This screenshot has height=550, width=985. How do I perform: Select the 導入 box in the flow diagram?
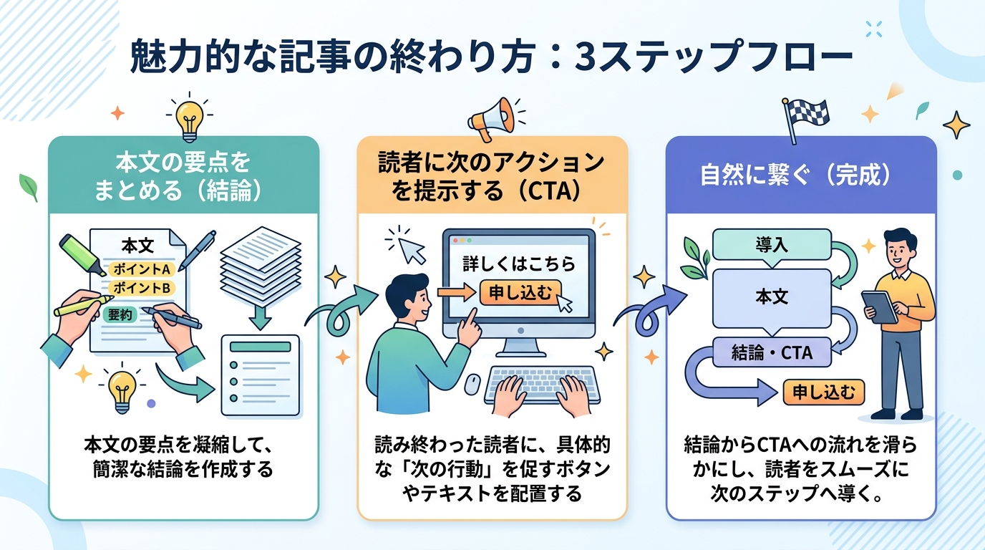coord(771,245)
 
